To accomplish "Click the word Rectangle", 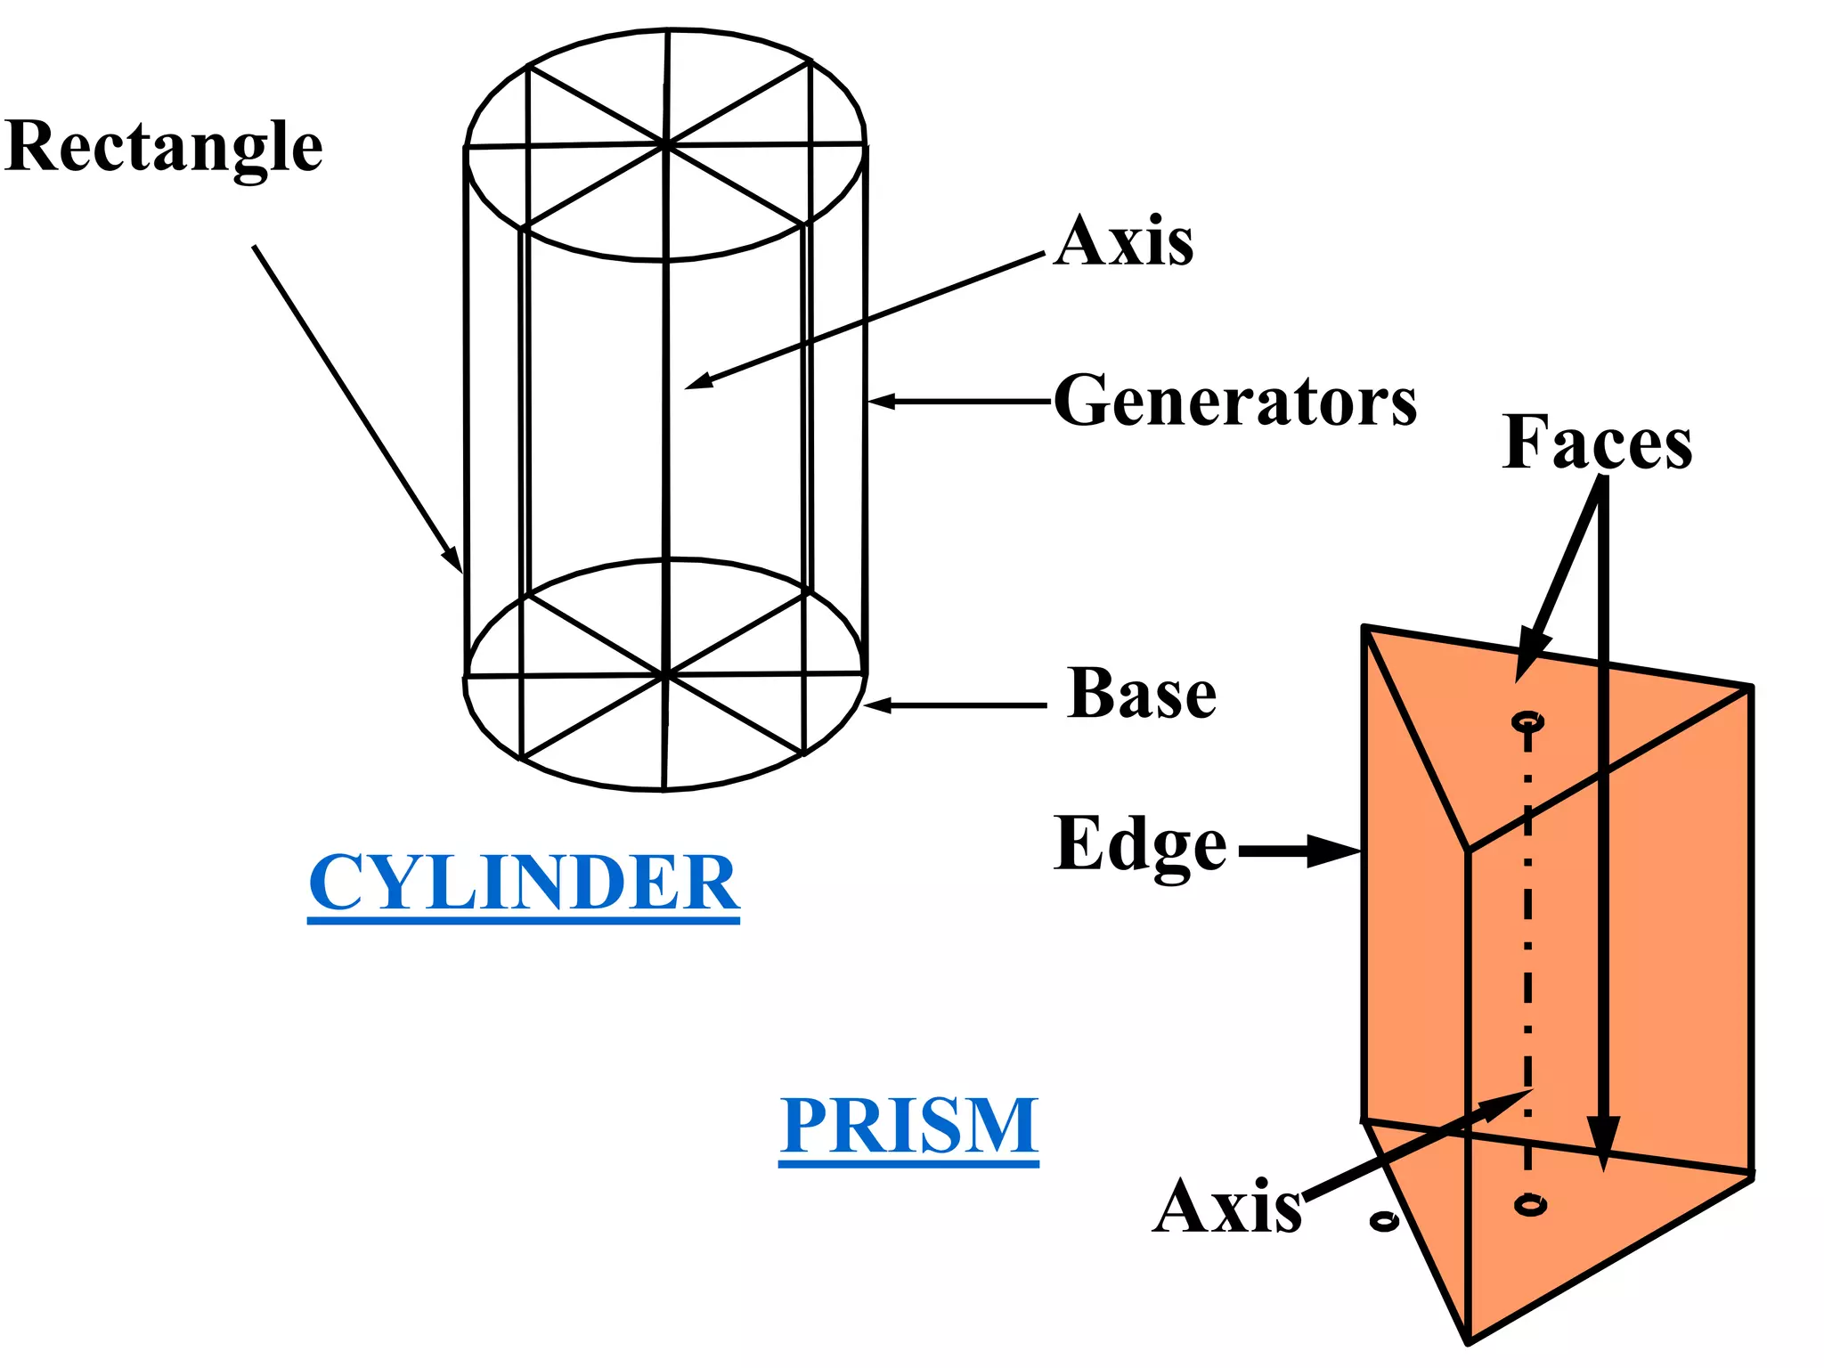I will click(x=164, y=148).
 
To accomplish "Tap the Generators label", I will click(x=1235, y=402).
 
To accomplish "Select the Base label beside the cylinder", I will click(x=1142, y=694).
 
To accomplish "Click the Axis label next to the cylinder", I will click(x=1124, y=241).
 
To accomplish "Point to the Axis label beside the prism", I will click(x=1227, y=1207).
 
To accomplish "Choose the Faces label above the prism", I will click(x=1597, y=443).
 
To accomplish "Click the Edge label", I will click(x=1141, y=844).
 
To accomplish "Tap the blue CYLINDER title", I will click(x=524, y=882).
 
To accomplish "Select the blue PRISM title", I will click(x=909, y=1126).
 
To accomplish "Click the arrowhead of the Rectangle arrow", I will click(x=455, y=562).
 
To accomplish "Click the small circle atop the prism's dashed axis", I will click(x=1528, y=721).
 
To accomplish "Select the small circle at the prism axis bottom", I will click(x=1530, y=1205).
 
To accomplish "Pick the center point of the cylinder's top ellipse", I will click(x=665, y=142).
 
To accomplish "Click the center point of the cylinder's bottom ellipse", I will click(x=665, y=674).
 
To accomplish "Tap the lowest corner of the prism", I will click(x=1468, y=1340).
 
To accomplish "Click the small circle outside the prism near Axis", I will click(x=1384, y=1220).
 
